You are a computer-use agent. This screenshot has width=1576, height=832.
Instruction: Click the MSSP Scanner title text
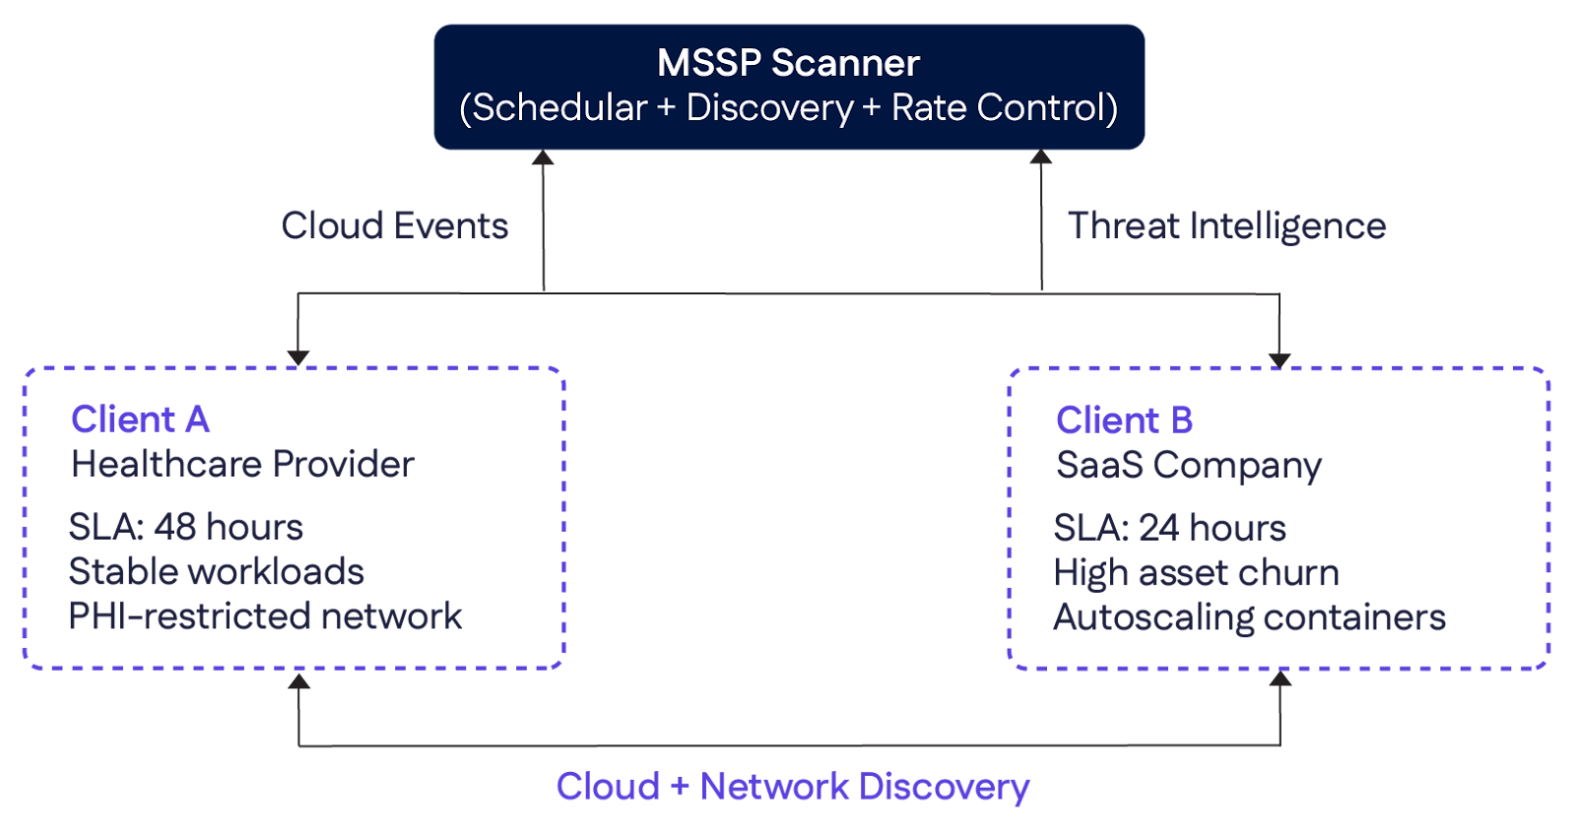(x=788, y=63)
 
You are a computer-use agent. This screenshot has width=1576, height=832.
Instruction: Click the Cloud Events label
(x=395, y=226)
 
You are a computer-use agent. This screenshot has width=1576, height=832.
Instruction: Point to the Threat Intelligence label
(x=1226, y=226)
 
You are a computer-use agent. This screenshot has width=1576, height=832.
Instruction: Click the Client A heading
(x=140, y=419)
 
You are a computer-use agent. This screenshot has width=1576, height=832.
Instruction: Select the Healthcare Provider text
(x=242, y=464)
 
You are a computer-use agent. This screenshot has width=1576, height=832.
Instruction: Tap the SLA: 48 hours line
(x=185, y=527)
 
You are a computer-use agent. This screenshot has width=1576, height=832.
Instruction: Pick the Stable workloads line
(x=216, y=572)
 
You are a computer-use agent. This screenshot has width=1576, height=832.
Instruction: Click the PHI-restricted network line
(x=265, y=616)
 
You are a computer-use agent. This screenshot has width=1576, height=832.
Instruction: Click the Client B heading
(x=1124, y=420)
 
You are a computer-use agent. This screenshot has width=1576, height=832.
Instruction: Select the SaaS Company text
(x=1188, y=465)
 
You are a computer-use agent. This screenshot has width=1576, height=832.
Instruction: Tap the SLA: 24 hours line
(x=1169, y=528)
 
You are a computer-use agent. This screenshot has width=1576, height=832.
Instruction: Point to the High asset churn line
(x=1196, y=573)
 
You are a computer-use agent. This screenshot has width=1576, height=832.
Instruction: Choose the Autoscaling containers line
(x=1249, y=618)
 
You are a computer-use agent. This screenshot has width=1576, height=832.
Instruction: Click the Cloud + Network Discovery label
(x=793, y=787)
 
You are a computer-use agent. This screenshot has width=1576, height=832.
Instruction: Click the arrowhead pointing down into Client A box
(x=298, y=357)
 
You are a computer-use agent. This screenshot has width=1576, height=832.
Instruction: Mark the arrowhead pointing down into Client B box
(x=1280, y=359)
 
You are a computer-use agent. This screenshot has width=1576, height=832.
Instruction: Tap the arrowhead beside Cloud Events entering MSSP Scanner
(x=543, y=159)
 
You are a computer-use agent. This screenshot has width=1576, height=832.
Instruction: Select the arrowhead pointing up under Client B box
(x=1280, y=679)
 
